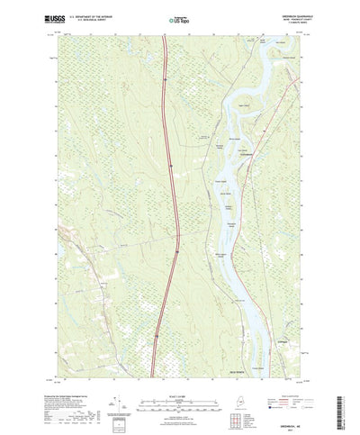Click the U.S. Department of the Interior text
(x=94, y=14)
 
